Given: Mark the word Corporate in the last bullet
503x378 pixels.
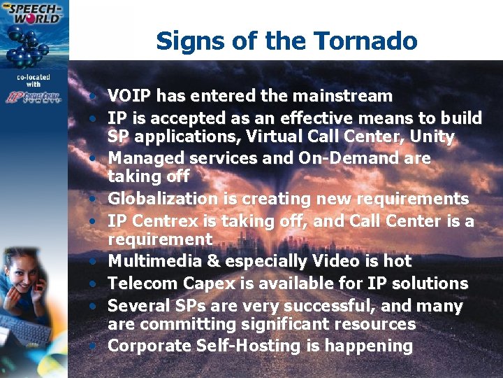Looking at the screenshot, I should tap(150, 346).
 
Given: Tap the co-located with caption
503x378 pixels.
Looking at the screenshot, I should tap(34, 80).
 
